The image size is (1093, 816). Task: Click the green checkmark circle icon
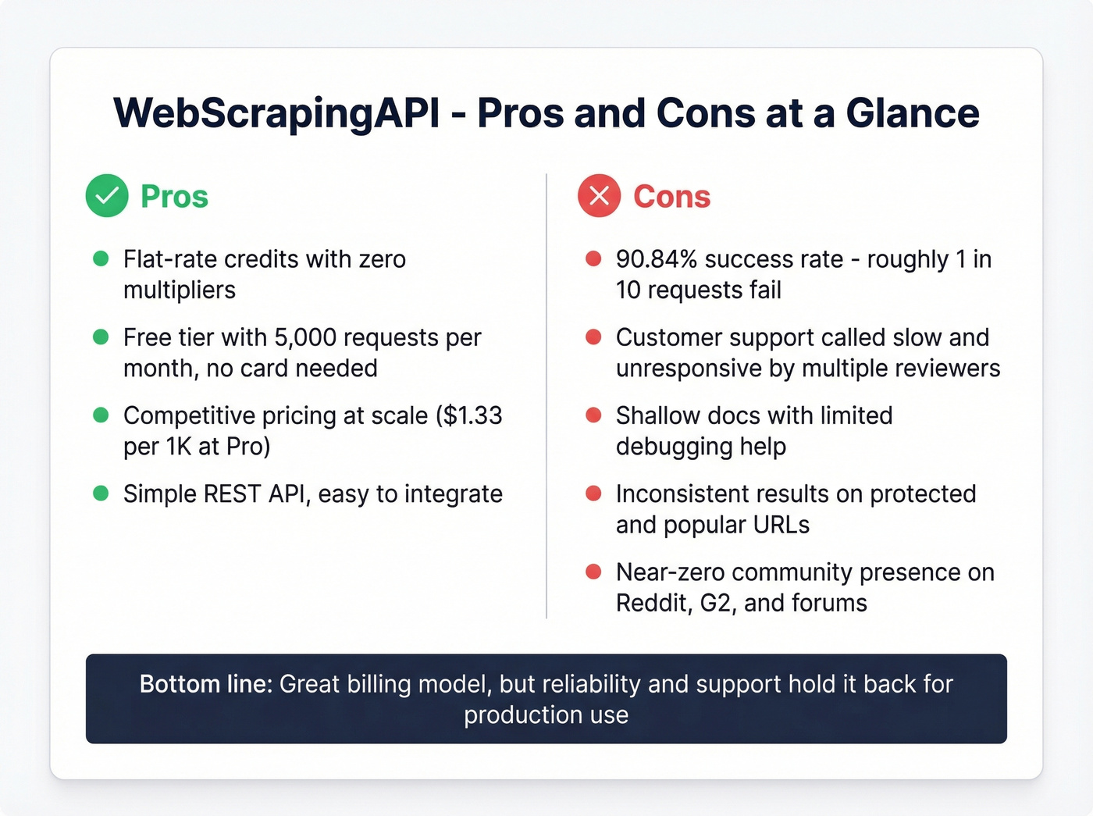point(107,195)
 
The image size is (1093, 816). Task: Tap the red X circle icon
point(599,195)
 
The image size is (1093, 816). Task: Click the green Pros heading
point(174,197)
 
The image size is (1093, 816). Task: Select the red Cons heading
point(671,197)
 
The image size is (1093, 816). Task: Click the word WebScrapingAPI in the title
point(277,113)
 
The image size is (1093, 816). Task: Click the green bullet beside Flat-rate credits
point(101,258)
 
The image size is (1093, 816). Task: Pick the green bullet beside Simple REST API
point(101,494)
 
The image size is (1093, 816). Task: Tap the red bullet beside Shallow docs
point(593,415)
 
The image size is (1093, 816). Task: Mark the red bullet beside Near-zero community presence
point(593,572)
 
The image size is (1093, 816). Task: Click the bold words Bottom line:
point(205,684)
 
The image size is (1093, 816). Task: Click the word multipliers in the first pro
point(180,290)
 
